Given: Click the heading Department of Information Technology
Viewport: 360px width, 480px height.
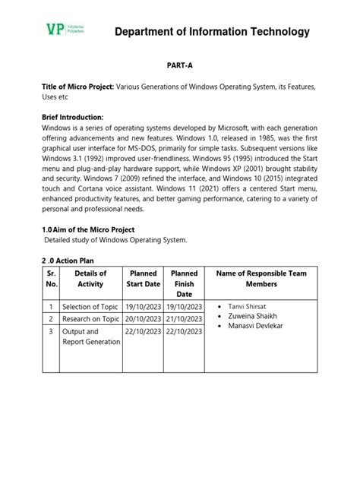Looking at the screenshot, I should [212, 31].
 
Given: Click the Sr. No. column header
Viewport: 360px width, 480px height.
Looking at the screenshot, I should [52, 279].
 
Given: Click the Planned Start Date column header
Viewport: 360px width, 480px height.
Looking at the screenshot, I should [144, 279].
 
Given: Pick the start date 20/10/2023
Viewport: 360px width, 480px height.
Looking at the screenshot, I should [144, 319].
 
